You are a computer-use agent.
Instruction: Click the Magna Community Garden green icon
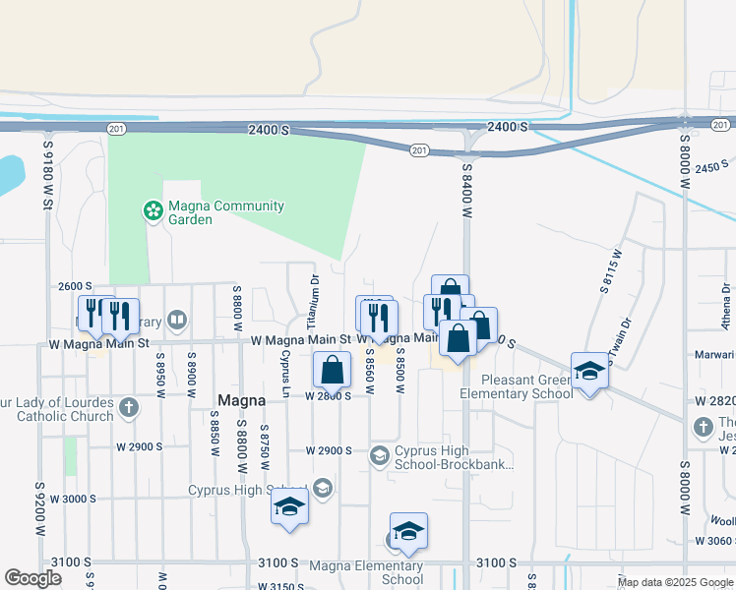(x=153, y=209)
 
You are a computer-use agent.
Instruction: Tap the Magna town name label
(x=238, y=400)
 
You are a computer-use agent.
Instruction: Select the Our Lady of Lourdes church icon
(x=129, y=406)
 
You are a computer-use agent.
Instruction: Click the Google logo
(x=32, y=579)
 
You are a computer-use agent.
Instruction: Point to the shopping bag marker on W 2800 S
(x=333, y=372)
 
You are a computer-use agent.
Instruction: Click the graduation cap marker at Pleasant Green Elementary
(x=589, y=371)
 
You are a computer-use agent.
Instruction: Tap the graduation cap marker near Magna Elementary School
(x=408, y=532)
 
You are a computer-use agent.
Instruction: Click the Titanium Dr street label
(x=313, y=302)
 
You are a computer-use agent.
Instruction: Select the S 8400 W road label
(x=467, y=192)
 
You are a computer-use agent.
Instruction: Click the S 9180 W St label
(x=46, y=174)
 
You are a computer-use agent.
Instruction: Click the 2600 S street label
(x=76, y=286)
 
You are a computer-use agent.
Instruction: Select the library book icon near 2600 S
(x=177, y=320)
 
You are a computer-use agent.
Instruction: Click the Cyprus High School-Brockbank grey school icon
(x=379, y=455)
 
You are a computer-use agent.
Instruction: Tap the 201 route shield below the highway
(x=420, y=149)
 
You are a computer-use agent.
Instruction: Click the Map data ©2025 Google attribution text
(x=674, y=582)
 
